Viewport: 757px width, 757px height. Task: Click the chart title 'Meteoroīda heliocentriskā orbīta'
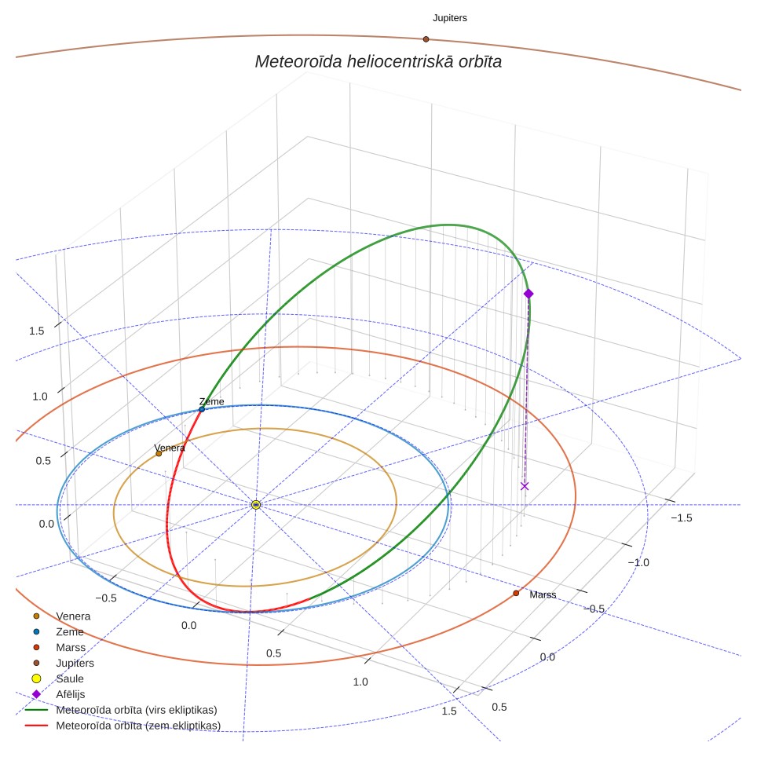pos(378,62)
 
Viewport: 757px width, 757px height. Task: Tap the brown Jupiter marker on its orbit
pos(426,39)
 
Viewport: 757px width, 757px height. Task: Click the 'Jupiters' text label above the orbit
pos(449,18)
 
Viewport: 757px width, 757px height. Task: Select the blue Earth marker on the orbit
pos(202,409)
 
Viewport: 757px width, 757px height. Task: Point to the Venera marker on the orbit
pos(159,454)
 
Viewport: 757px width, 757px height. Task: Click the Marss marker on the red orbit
pos(516,594)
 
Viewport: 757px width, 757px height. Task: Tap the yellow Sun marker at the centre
pos(256,505)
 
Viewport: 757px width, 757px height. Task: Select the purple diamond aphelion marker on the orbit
pos(528,294)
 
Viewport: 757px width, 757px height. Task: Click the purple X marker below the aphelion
pos(525,486)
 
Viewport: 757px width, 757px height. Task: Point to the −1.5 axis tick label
pos(681,518)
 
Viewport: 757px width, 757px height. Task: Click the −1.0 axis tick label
pos(638,562)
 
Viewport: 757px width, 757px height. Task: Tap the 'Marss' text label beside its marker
pos(543,594)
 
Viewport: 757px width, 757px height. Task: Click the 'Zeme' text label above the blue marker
pos(211,402)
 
